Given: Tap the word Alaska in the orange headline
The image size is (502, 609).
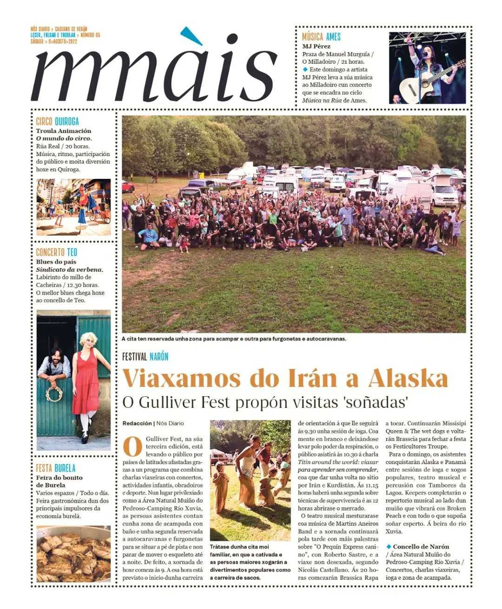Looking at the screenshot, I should (x=408, y=379).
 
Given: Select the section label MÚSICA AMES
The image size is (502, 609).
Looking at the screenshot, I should (x=321, y=37).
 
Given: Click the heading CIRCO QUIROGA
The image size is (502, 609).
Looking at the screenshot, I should (x=58, y=122).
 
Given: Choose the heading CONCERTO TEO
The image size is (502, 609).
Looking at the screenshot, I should (x=57, y=253).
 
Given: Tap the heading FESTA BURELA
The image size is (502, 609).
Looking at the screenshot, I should (x=56, y=468).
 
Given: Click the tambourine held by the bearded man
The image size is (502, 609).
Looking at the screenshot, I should (x=54, y=393).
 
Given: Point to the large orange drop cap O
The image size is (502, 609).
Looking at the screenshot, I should (x=132, y=446).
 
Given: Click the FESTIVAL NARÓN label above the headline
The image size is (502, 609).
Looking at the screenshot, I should (x=145, y=357).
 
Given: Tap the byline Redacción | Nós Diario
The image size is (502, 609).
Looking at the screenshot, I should (x=153, y=423).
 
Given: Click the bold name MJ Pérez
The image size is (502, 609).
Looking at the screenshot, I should (x=316, y=46).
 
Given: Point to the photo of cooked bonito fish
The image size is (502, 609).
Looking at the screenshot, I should (x=73, y=554).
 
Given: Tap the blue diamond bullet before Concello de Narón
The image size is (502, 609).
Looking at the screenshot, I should (x=389, y=547).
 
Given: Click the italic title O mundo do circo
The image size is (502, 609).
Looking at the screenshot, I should (x=64, y=138).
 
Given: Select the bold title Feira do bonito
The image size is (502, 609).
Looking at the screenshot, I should (x=59, y=478).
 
